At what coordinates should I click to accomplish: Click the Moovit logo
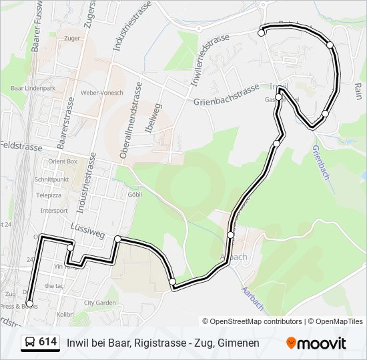coord(316,343)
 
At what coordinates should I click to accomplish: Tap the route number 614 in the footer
coord(47,342)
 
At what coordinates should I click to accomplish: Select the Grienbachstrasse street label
coord(227,95)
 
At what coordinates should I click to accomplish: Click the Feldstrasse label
coord(21,145)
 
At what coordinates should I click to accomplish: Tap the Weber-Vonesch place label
coord(101,93)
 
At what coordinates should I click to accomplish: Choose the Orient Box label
coord(62,161)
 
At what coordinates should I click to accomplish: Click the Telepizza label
coord(49,195)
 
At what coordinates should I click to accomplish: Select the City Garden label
coord(100,302)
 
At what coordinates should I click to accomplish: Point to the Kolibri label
coord(65,313)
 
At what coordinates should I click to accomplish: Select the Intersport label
coord(54,211)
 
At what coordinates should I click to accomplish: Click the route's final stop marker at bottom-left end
coord(29,304)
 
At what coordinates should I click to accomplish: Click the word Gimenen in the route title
coord(238,343)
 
